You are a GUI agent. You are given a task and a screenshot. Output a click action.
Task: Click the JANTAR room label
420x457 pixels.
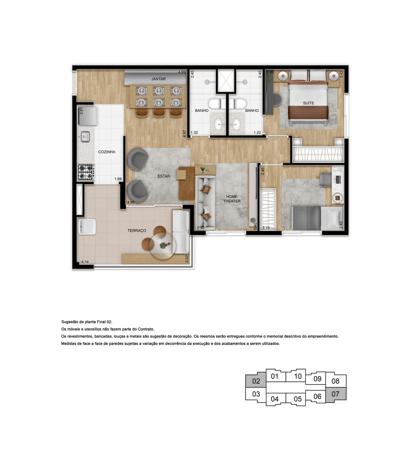158,79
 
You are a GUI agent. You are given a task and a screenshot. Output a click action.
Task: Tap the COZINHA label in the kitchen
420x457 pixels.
107,152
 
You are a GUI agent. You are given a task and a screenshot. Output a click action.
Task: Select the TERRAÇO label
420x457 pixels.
137,231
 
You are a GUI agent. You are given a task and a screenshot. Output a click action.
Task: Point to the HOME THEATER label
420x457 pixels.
232,199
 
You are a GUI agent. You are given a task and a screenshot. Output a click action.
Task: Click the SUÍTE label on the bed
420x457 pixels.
308,103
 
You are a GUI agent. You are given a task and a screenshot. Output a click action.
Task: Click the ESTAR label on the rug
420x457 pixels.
164,176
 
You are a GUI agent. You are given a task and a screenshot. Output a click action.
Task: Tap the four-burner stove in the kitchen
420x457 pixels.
86,172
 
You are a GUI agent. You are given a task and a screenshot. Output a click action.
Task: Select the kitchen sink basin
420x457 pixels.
85,136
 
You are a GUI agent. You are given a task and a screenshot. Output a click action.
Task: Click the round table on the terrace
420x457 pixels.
163,246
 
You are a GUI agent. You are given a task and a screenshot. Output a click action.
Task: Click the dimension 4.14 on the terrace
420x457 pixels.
85,262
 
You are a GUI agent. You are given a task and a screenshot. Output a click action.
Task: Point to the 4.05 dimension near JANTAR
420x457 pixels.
182,72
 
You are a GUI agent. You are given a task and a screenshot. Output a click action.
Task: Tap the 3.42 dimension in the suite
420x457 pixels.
341,74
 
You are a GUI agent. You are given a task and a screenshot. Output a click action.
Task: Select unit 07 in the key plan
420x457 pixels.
335,394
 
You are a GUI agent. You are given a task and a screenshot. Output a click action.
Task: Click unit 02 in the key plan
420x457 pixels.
256,381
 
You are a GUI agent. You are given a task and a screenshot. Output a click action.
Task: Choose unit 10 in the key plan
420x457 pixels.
298,376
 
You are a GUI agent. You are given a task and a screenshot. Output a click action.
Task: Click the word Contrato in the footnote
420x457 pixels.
146,329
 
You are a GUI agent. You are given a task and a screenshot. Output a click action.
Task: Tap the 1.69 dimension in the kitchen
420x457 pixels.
118,179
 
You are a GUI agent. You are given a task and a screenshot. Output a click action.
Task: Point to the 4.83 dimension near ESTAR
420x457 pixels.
131,202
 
